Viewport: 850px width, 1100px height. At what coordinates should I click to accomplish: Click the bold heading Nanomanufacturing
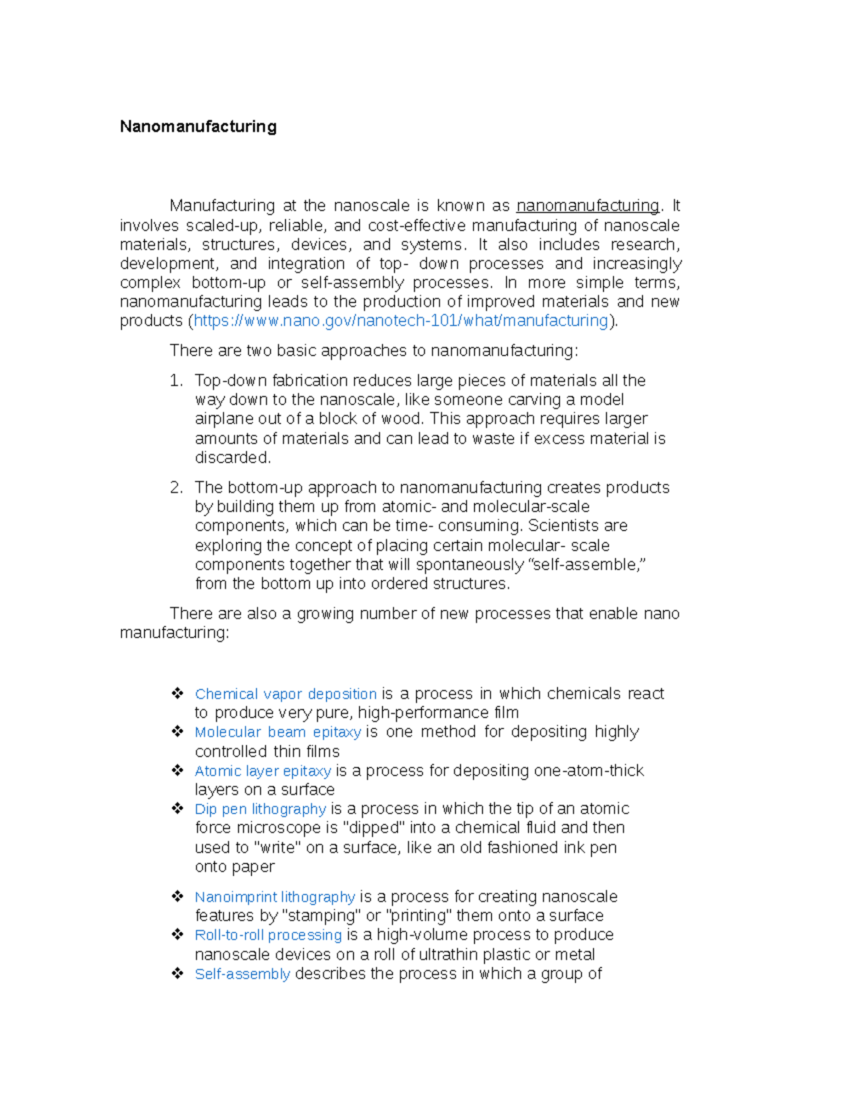click(198, 127)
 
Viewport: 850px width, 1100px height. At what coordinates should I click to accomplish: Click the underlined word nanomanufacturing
click(587, 206)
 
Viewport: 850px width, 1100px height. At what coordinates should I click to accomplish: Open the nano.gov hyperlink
click(401, 321)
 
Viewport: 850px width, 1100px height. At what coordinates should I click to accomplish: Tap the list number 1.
click(176, 381)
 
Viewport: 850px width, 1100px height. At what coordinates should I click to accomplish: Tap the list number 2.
click(176, 488)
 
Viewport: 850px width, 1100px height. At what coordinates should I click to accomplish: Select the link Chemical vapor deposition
click(285, 694)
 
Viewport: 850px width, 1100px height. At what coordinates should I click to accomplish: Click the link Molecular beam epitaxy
click(278, 732)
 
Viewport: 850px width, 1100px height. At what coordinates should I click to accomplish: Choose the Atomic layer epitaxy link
click(263, 771)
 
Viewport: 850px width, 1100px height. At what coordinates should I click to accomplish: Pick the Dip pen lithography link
click(260, 809)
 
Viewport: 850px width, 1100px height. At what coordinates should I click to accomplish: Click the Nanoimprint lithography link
click(275, 897)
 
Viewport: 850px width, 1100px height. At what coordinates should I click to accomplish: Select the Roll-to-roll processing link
click(268, 935)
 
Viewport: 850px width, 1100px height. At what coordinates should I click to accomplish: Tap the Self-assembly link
click(242, 974)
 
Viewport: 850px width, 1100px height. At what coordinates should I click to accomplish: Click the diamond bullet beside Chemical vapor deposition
click(177, 693)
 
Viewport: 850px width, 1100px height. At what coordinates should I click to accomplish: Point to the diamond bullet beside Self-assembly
click(177, 973)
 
